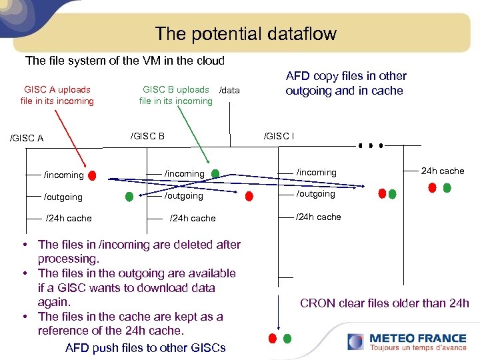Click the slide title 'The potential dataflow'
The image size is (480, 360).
pos(246,33)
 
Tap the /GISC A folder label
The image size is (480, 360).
pos(27,139)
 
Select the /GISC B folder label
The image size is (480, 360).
pos(147,136)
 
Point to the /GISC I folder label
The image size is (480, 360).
pos(279,136)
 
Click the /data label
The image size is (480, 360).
pos(229,90)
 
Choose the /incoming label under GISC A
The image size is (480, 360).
pos(64,175)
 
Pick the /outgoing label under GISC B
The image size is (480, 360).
pos(184,195)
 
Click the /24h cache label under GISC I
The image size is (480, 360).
pos(319,217)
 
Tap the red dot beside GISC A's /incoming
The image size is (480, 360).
pos(92,176)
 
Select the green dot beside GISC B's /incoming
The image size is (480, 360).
pos(215,173)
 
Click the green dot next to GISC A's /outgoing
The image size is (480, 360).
pos(129,197)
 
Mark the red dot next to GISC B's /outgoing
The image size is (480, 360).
pos(249,196)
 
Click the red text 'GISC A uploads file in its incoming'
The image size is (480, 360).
pos(57,95)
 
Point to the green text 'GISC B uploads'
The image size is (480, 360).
pos(176,89)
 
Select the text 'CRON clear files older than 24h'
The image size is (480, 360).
pos(385,303)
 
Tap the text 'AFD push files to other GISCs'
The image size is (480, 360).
pos(145,347)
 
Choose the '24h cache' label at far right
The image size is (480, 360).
pos(442,171)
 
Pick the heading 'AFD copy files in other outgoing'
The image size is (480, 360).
pos(345,83)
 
